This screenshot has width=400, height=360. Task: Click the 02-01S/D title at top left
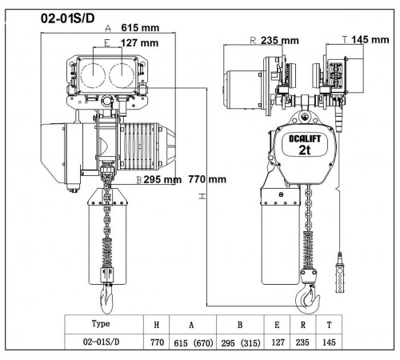pos(68,18)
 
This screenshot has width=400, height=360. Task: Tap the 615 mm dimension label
pos(140,28)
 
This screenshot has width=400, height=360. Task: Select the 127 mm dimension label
pos(139,43)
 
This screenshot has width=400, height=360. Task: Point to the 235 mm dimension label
pos(280,40)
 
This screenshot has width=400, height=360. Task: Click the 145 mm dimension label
pos(370,40)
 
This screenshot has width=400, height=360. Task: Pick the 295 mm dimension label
pos(162,179)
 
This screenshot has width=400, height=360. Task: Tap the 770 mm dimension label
pos(207,179)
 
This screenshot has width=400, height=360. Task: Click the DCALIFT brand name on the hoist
pos(305,138)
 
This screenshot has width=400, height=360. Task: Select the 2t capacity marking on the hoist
pos(305,150)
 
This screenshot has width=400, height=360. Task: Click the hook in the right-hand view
pos(308,298)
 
